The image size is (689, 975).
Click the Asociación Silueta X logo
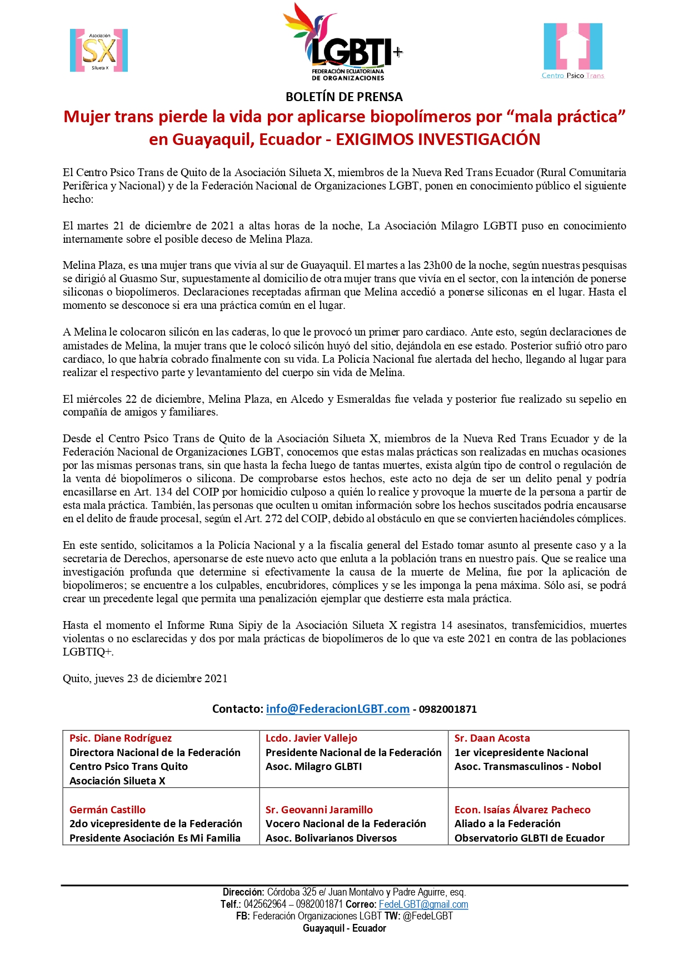point(99,51)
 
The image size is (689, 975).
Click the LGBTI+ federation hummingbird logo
point(342,42)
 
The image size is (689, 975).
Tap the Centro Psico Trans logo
point(573,51)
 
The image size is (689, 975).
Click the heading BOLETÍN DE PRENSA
point(344,97)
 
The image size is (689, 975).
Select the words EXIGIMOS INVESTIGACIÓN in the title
point(438,139)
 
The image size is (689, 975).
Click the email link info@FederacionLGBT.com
point(337,709)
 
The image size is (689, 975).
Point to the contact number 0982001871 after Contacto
point(448,709)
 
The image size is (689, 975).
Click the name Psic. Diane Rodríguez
point(121,738)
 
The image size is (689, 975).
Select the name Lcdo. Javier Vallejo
point(311,738)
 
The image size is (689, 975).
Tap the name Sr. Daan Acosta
point(492,738)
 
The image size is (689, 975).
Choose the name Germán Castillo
point(107,810)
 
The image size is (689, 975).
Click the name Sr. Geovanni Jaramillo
point(319,810)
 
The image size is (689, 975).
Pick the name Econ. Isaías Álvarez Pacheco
point(522,810)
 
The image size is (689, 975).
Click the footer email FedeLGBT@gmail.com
point(423,904)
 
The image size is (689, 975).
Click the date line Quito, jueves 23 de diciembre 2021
point(145,678)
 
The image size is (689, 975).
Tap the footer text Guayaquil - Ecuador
point(344,928)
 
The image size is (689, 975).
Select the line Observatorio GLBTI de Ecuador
point(529,838)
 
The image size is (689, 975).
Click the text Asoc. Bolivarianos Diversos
point(331,838)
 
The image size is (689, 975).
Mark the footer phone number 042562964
point(265,904)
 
